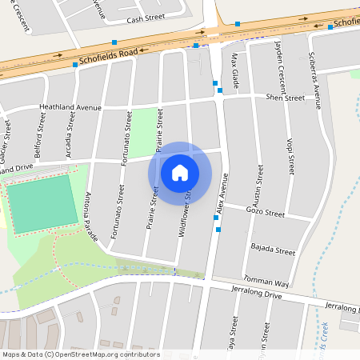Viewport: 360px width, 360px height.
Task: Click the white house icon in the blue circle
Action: click(x=180, y=172)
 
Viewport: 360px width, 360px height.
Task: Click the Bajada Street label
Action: click(x=273, y=250)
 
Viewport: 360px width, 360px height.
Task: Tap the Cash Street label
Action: click(x=145, y=18)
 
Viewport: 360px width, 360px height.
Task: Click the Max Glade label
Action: click(x=235, y=67)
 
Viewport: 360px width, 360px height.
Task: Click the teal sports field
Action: click(x=38, y=204)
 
